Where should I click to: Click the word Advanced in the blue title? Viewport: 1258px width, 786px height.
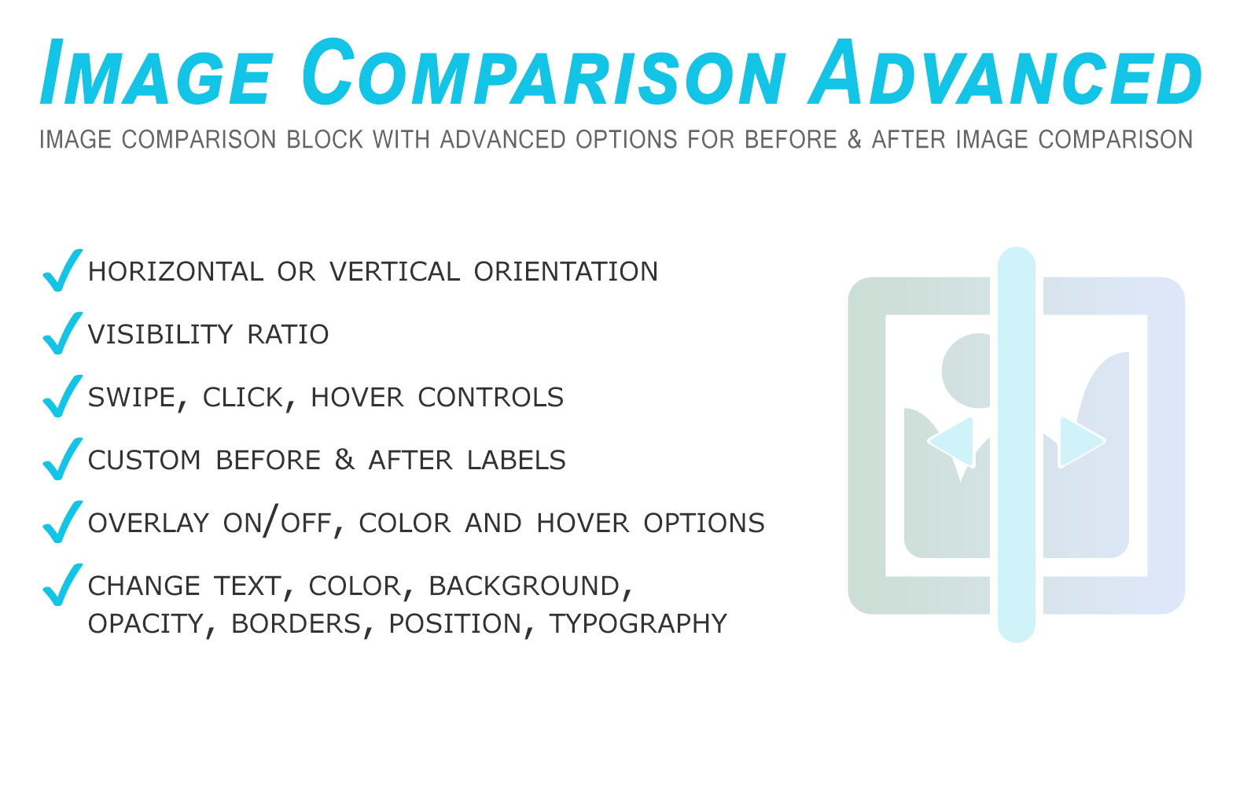(1005, 72)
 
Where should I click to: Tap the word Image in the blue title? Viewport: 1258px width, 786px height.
(156, 72)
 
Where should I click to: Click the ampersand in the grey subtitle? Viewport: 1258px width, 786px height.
(854, 139)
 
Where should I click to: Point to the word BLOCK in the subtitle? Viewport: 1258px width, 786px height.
(325, 139)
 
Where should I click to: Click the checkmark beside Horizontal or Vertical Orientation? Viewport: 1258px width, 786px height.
(62, 270)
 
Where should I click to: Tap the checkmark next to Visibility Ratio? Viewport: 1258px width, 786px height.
(62, 333)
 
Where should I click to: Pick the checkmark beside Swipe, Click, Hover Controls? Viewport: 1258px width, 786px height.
(62, 396)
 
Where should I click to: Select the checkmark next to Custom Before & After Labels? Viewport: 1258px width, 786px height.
(62, 459)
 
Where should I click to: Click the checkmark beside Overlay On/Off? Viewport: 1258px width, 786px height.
(62, 522)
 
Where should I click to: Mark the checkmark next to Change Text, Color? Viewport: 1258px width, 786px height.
(62, 585)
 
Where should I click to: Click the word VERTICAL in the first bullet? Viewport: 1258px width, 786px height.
(395, 272)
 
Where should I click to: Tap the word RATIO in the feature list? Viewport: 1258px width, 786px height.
(288, 335)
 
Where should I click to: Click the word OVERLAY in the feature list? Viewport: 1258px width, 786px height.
(149, 523)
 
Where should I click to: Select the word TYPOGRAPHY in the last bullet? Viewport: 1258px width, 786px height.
(638, 624)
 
